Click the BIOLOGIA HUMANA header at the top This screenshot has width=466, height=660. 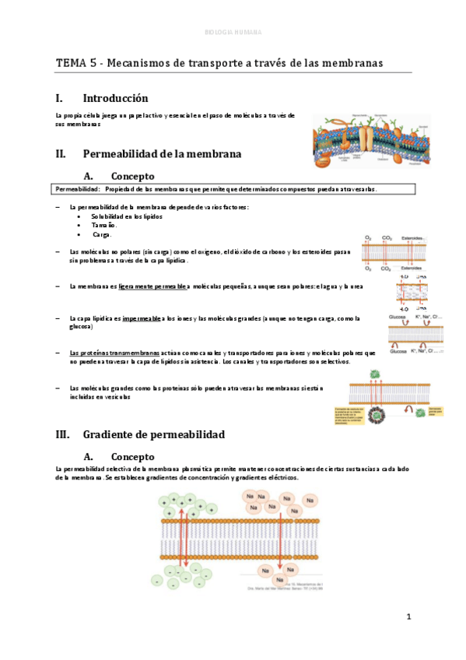click(x=233, y=33)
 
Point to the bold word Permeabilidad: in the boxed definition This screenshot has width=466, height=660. click(x=76, y=189)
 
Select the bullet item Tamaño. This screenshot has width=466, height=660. click(x=103, y=224)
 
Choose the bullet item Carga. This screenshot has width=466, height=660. click(x=103, y=233)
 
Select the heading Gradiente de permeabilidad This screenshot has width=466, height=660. click(x=153, y=434)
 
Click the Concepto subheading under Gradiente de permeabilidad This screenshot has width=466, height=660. click(x=132, y=456)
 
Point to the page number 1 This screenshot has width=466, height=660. click(x=407, y=616)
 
